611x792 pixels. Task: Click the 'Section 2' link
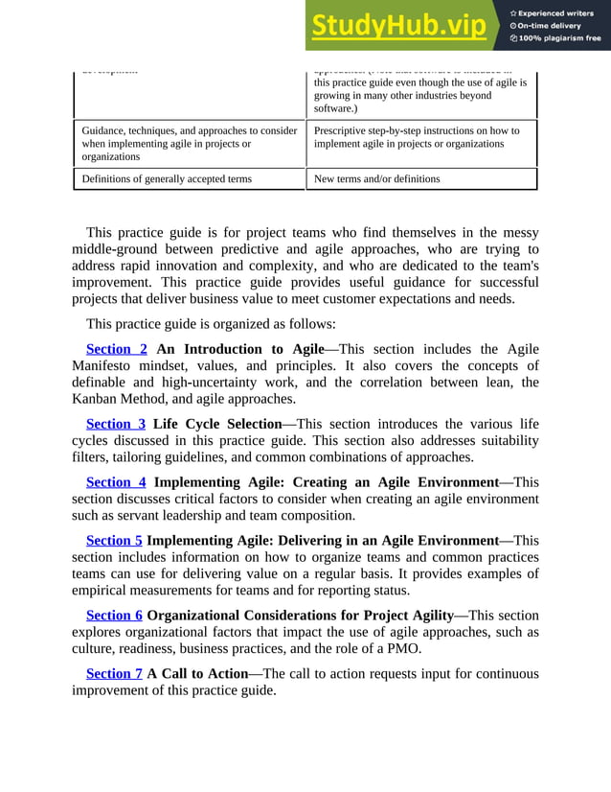point(116,349)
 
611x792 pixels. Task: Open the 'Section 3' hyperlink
point(116,424)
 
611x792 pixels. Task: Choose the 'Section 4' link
point(116,482)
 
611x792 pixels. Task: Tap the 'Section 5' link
point(114,541)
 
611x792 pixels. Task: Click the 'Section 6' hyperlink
point(114,615)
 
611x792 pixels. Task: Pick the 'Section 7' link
point(114,673)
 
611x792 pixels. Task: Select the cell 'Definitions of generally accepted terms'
point(168,179)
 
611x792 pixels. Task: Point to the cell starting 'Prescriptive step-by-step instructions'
point(417,137)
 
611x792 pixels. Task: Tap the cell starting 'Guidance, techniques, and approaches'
point(189,143)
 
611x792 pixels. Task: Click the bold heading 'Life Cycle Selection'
point(215,424)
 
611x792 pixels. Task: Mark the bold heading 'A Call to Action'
point(196,673)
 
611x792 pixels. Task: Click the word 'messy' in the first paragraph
point(515,233)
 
